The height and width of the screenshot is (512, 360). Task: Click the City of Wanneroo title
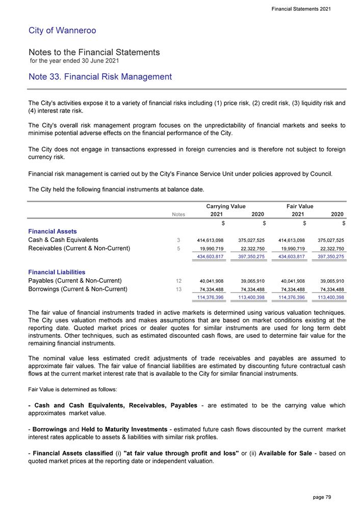tap(62, 31)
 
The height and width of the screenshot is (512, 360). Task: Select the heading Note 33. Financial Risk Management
tap(100, 77)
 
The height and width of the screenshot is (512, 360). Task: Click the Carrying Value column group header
tap(225, 206)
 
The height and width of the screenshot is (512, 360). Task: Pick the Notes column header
tap(178, 215)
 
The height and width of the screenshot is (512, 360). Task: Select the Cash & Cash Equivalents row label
tap(63, 240)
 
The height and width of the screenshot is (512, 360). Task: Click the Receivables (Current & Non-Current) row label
tap(79, 249)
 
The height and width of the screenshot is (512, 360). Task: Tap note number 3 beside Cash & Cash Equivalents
tap(178, 240)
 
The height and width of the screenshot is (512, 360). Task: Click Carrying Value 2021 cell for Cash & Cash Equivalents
tap(210, 240)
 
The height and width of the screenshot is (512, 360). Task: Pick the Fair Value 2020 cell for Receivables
tap(330, 249)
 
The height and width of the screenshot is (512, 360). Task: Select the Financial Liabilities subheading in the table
tap(57, 273)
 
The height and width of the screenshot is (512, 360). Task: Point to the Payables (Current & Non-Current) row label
tap(75, 281)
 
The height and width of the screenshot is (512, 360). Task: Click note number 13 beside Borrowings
tap(178, 289)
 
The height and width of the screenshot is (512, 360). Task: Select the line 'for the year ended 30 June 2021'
tap(74, 61)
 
